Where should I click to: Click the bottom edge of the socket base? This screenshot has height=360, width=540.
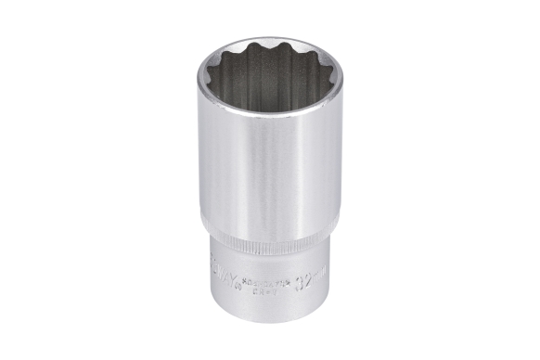tap(269, 320)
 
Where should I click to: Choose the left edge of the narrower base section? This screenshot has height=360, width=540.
tap(207, 278)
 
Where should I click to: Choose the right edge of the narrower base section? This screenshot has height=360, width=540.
tap(335, 278)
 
